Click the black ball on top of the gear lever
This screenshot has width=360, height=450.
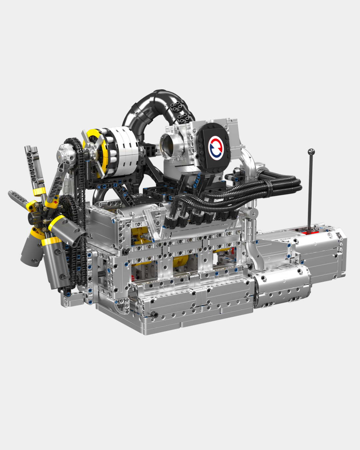(311, 152)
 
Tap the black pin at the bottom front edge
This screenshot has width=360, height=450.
(154, 314)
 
